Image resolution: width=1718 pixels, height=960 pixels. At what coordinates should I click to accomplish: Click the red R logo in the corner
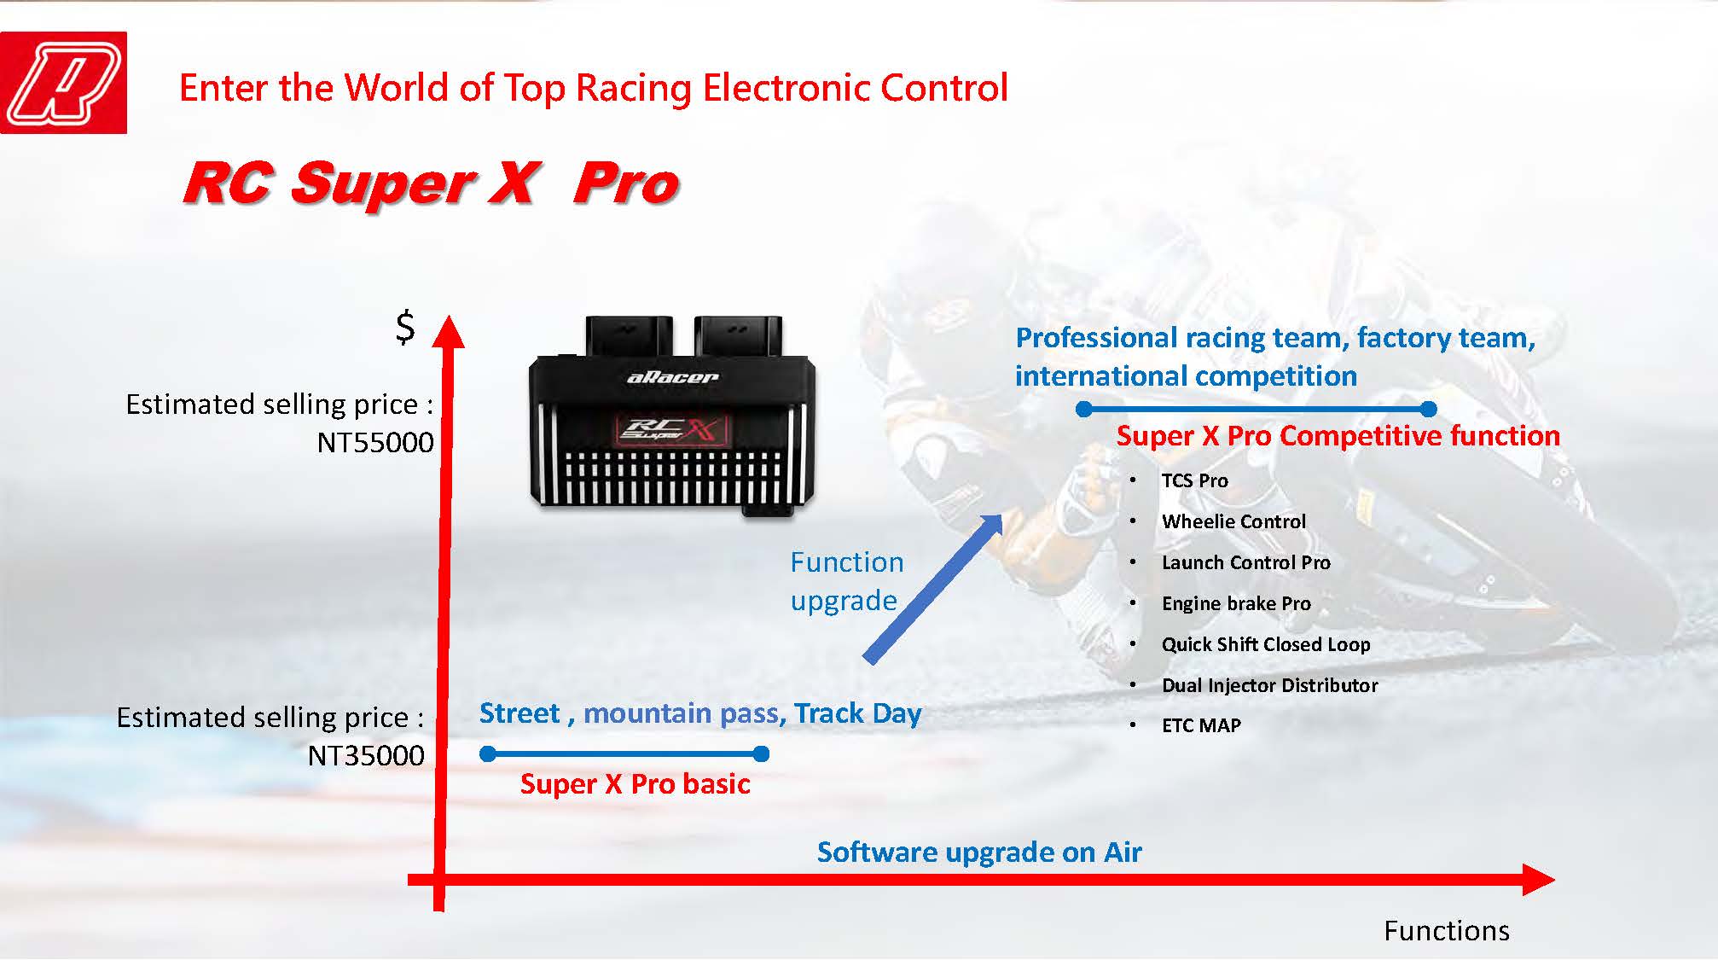point(63,83)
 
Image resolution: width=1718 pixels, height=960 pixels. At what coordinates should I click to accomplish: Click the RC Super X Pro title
point(431,183)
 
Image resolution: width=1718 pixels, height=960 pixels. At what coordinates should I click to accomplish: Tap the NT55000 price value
point(375,442)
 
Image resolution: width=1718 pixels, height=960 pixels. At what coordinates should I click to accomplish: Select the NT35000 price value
point(366,755)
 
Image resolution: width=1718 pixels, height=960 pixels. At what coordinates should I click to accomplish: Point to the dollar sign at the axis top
point(405,327)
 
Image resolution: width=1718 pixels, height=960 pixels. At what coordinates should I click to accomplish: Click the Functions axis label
point(1447,930)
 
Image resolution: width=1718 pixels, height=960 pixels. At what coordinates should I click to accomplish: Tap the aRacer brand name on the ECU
point(672,377)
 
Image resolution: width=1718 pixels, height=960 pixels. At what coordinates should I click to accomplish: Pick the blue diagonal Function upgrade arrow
point(934,588)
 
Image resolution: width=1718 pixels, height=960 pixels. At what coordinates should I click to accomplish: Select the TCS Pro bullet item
point(1194,480)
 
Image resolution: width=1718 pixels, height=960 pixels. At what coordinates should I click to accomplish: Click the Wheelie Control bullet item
point(1233,521)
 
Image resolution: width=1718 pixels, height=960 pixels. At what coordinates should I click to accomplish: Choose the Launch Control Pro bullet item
point(1245,562)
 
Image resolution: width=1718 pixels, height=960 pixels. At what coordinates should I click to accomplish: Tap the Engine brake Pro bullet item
point(1236,603)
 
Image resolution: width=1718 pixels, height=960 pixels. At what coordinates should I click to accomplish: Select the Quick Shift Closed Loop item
point(1266,644)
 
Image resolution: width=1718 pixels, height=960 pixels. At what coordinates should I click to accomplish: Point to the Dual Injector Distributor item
point(1269,685)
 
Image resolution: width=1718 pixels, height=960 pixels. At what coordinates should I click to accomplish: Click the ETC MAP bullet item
point(1201,725)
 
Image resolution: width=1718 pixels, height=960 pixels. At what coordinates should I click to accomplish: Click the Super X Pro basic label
point(635,783)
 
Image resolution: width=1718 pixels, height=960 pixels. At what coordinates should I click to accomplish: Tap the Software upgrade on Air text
point(979,852)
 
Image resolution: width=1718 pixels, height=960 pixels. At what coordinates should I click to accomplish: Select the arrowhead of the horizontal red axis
point(1539,880)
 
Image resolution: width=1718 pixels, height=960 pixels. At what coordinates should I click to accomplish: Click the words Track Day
point(857,713)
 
